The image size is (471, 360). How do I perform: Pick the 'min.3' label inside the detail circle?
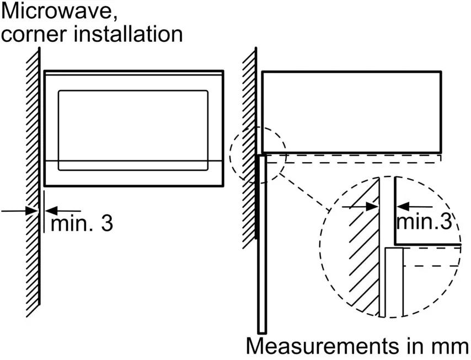tap(424, 222)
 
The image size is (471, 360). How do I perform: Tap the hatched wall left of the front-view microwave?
tap(33, 182)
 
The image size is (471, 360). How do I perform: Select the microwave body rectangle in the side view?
tap(351, 111)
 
